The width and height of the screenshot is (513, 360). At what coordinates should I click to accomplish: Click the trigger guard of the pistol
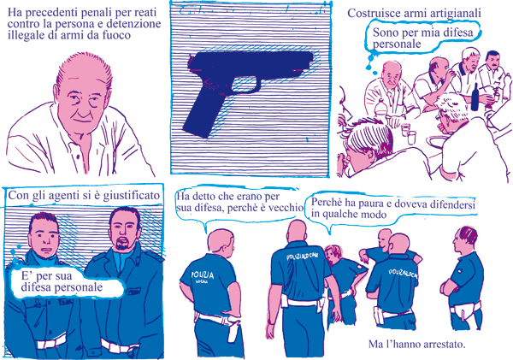point(246,86)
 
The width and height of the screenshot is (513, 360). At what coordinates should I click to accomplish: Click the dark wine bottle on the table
point(475,97)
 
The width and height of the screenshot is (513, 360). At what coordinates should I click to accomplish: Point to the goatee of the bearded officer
point(122,245)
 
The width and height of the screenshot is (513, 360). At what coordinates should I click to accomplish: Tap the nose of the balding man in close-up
point(82,108)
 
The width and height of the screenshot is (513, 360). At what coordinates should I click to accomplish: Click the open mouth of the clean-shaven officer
point(47,252)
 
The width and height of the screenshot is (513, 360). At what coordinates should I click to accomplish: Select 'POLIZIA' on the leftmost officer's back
point(203,274)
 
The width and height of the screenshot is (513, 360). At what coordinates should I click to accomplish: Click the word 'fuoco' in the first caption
point(116,35)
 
